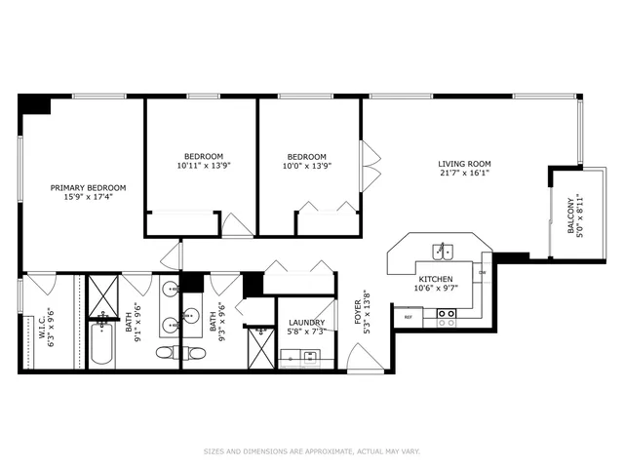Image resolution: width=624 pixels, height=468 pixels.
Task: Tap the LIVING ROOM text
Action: tap(464, 164)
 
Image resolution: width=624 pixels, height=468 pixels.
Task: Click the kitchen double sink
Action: tap(443, 251)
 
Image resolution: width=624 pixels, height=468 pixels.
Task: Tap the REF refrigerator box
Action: tap(408, 316)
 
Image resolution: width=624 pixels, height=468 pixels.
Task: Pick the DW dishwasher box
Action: tap(483, 273)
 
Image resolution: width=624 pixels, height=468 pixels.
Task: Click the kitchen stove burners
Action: tap(446, 316)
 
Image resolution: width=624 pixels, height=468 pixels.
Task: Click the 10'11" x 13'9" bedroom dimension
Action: tap(204, 166)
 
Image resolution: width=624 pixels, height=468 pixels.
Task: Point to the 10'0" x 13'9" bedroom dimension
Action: tap(307, 166)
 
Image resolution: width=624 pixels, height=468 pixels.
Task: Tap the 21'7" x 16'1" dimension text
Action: tap(464, 174)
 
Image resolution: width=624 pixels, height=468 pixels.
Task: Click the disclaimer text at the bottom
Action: tap(311, 451)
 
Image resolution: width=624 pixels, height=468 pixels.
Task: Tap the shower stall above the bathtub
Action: tap(101, 294)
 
